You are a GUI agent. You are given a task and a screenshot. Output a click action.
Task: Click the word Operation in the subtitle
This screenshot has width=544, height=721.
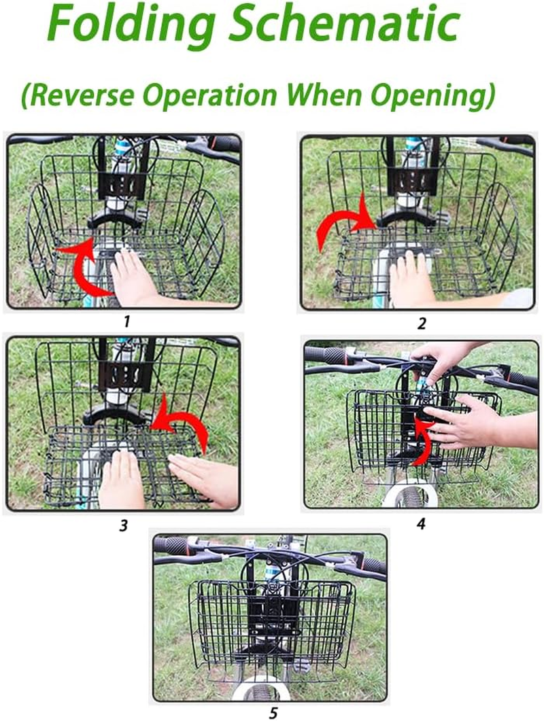[235, 97]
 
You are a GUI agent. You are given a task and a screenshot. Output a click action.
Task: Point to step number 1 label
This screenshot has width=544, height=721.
[126, 321]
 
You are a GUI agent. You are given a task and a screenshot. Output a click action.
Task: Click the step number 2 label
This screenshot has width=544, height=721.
[421, 323]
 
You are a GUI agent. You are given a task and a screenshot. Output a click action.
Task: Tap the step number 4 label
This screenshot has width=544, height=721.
[421, 523]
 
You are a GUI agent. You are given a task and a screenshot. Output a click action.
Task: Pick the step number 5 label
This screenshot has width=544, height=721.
[272, 713]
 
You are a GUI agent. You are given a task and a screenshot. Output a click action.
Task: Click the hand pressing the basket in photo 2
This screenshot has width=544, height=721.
[412, 279]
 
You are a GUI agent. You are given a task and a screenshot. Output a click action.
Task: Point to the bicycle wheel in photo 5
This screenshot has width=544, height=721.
[261, 690]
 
